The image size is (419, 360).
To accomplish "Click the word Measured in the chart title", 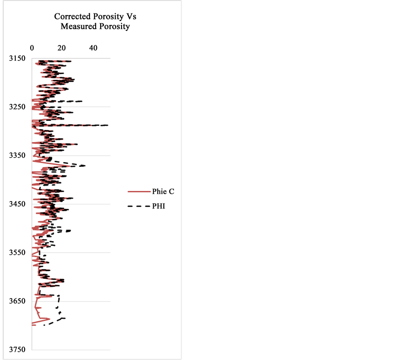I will point(77,26).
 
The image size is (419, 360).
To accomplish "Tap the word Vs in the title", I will point(131,17).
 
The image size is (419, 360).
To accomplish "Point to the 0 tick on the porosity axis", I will point(32,48).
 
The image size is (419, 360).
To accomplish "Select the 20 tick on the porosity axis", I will point(63,48).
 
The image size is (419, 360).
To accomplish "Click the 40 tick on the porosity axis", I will point(93,48).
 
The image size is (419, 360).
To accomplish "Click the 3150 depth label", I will point(17,59).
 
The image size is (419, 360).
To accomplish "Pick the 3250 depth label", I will point(17,107).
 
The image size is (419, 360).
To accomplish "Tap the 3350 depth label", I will point(17,156).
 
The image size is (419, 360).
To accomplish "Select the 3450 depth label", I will point(17,204).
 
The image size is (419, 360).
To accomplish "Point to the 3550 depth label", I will point(17,253).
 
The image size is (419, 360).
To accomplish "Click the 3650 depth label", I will point(17,301).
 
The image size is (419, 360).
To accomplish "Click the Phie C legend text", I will point(163,191).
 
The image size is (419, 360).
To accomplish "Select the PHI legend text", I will point(158,206).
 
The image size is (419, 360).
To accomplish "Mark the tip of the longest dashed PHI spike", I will point(108,125).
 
